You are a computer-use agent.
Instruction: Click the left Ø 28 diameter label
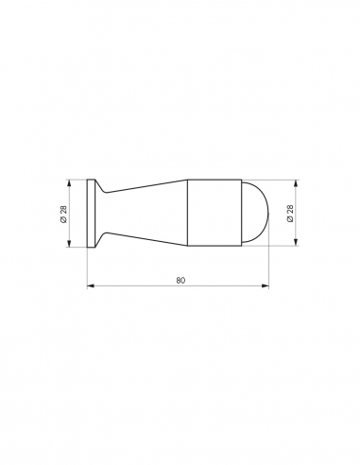61,214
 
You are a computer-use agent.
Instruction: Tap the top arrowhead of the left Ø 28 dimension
70,182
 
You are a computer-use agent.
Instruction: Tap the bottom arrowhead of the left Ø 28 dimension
70,246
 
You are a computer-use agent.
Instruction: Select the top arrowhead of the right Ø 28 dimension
297,182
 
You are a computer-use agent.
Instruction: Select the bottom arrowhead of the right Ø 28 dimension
297,246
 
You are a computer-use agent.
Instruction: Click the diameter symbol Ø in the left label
61,221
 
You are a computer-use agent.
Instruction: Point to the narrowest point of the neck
107,214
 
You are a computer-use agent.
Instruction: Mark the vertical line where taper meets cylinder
187,214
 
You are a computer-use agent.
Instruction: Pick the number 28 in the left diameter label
61,209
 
